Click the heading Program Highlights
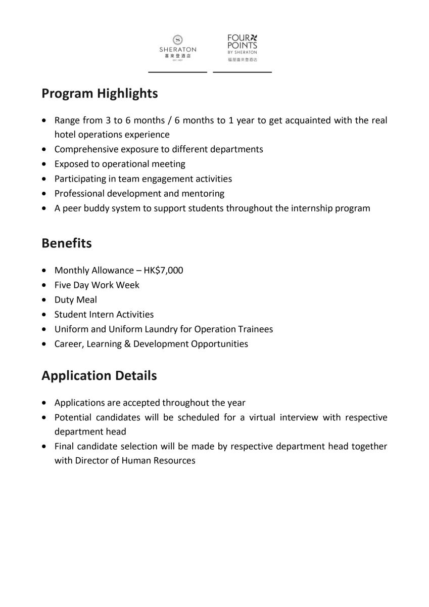tap(100, 94)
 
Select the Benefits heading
tap(67, 243)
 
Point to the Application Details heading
tap(99, 376)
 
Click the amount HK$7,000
tap(163, 270)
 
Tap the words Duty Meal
tap(76, 299)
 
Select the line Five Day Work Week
tap(97, 285)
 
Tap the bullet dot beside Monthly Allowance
tap(46, 271)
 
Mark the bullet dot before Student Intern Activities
tap(46, 315)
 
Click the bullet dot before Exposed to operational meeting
tap(46, 164)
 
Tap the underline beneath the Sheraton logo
tap(177, 72)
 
